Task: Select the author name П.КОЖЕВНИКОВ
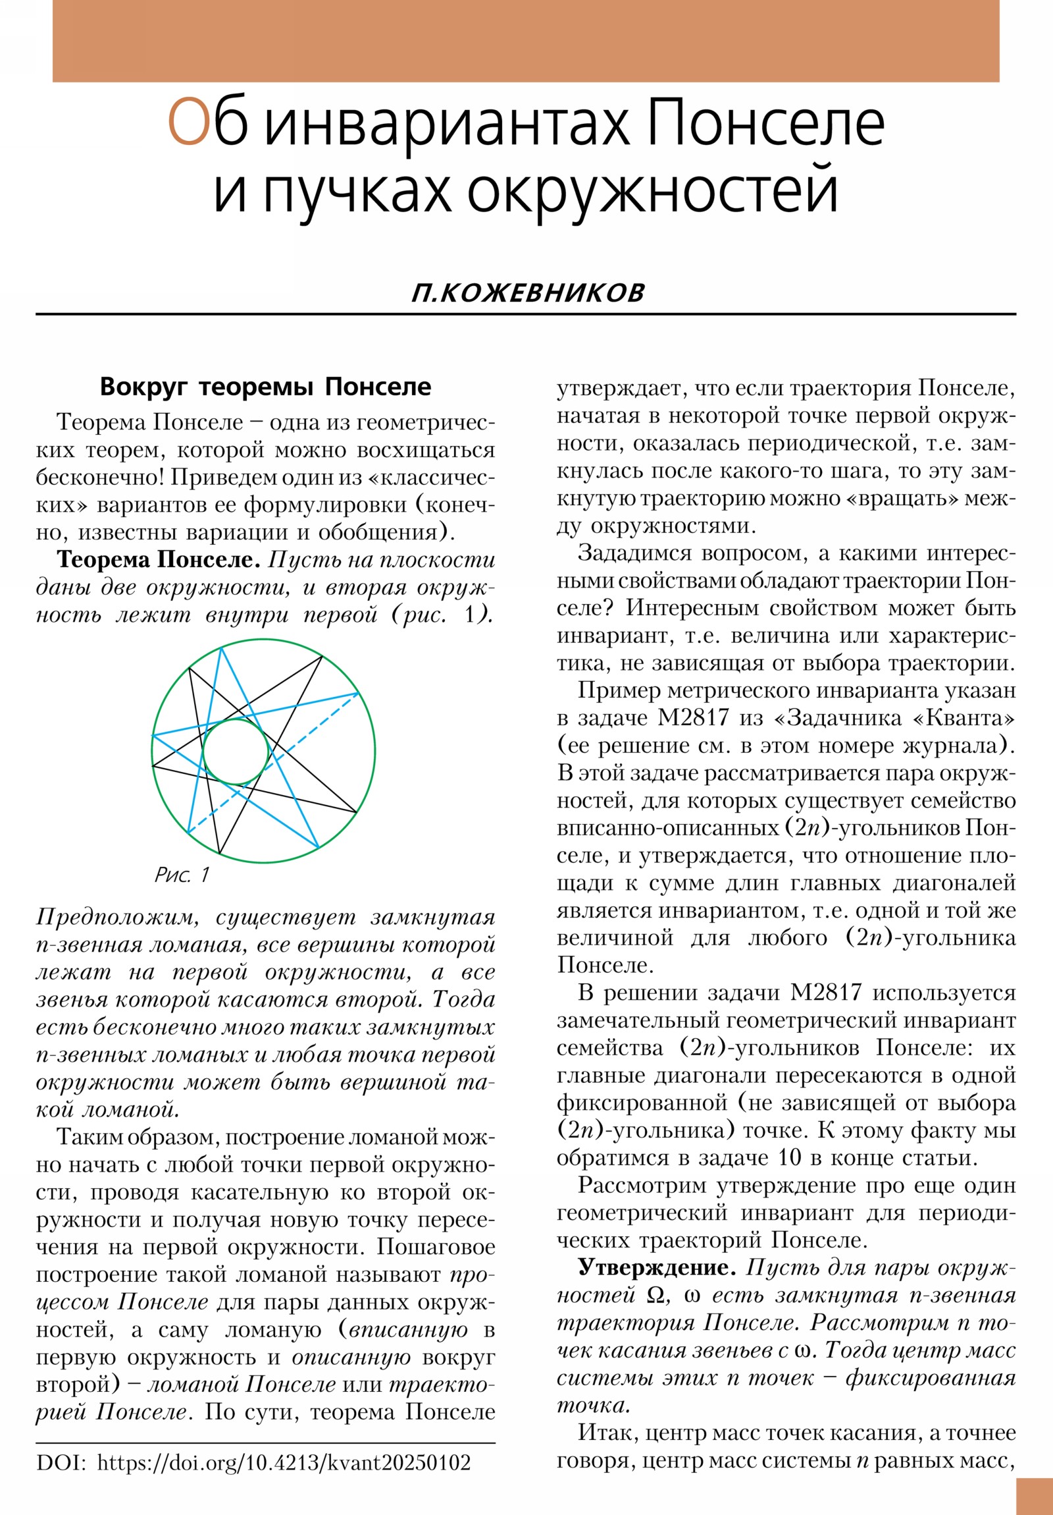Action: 528,293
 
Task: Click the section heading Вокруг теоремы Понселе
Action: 265,387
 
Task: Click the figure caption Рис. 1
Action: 182,875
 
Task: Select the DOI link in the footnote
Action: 284,1462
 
